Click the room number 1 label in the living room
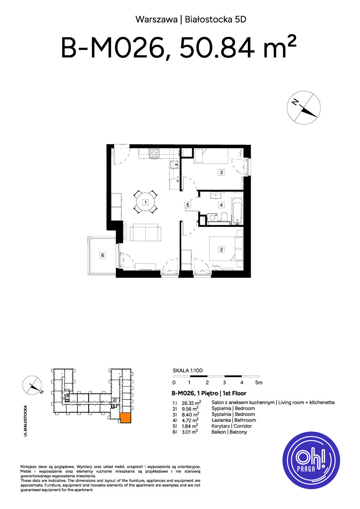pyautogui.click(x=145, y=202)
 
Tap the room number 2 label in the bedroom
pyautogui.click(x=221, y=249)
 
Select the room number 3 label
pyautogui.click(x=221, y=172)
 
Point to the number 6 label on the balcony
pyautogui.click(x=102, y=255)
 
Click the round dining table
pyautogui.click(x=145, y=202)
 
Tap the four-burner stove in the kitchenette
pyautogui.click(x=154, y=153)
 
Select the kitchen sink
pyautogui.click(x=174, y=164)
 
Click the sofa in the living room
pyautogui.click(x=145, y=232)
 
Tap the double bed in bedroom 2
pyautogui.click(x=226, y=249)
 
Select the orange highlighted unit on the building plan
pyautogui.click(x=125, y=418)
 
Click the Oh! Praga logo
pyautogui.click(x=311, y=460)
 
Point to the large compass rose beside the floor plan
pyautogui.click(x=304, y=108)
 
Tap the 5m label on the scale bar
pyautogui.click(x=259, y=383)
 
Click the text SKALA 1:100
pyautogui.click(x=187, y=371)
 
